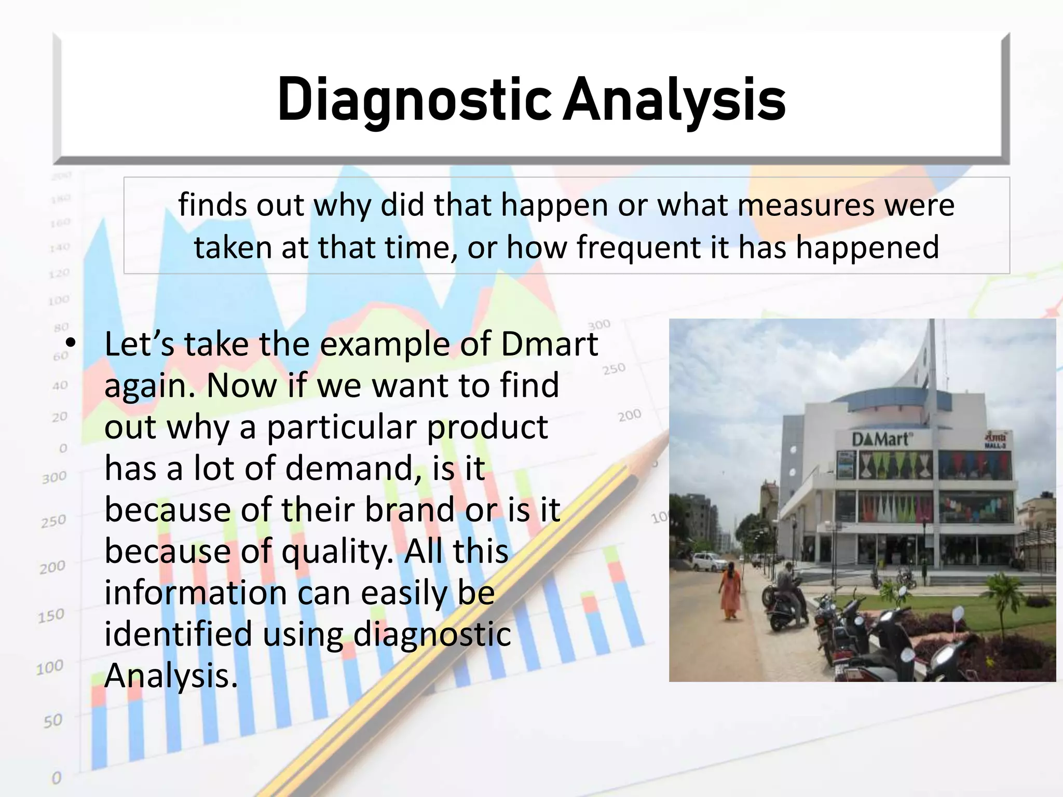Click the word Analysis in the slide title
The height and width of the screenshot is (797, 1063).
coord(674,100)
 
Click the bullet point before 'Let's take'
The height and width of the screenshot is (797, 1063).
coord(71,344)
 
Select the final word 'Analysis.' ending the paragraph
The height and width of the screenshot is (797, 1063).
coord(171,676)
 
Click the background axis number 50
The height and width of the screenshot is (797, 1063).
coord(52,721)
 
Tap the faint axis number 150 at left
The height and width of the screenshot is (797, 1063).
coord(51,616)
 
